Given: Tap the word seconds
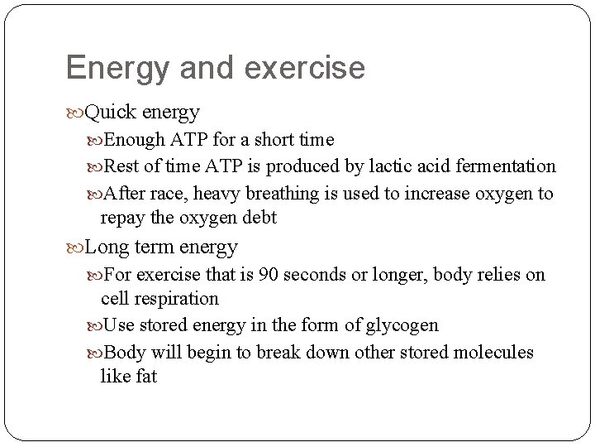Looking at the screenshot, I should [312, 274].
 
